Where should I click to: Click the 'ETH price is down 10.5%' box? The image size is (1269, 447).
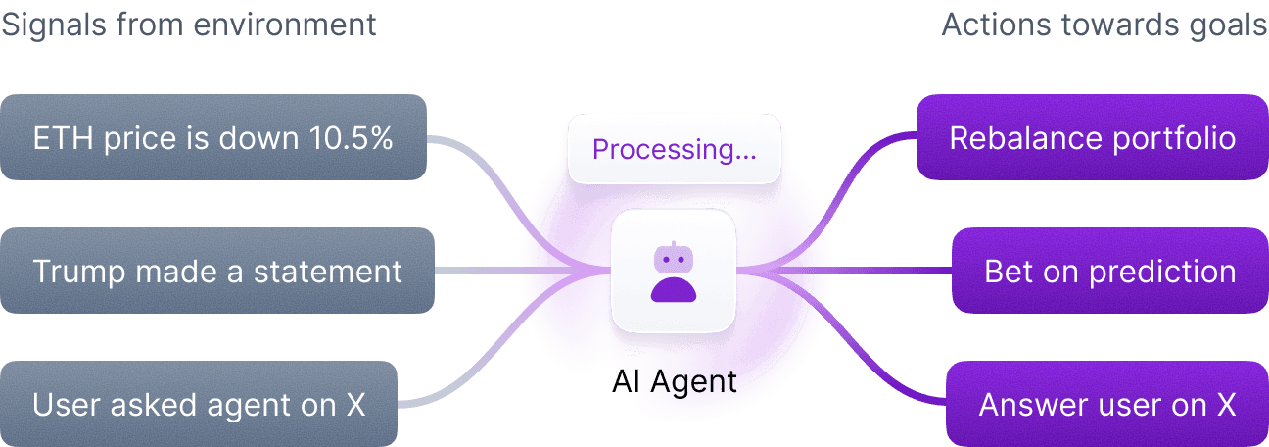(212, 137)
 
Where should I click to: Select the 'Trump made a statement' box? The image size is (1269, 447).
(216, 271)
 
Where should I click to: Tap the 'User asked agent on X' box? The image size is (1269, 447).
(199, 404)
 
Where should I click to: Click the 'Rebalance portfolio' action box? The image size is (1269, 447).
(1092, 137)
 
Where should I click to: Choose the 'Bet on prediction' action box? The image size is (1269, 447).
(1109, 271)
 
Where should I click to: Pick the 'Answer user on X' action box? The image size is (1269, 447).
(1106, 404)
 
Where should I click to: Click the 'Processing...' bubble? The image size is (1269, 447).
(674, 150)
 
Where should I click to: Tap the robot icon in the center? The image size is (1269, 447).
(673, 272)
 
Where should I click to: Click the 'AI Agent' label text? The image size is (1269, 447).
(674, 381)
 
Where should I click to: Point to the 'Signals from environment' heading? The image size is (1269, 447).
(188, 24)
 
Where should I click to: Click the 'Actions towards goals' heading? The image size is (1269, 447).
(1104, 24)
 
